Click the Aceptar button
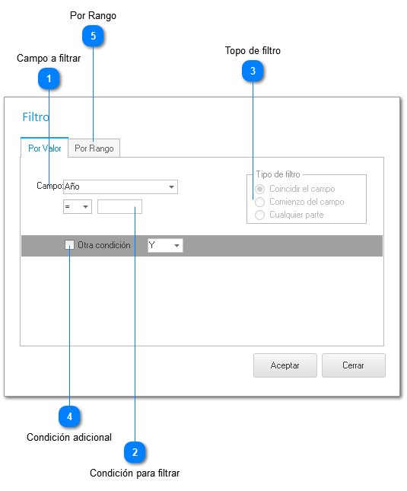click(x=285, y=365)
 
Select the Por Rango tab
click(x=94, y=148)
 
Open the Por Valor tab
click(x=44, y=148)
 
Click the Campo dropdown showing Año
click(x=120, y=187)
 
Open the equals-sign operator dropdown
click(x=78, y=206)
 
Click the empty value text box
click(x=119, y=206)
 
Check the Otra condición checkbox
click(x=69, y=245)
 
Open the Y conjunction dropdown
click(x=165, y=245)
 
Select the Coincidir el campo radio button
click(x=259, y=189)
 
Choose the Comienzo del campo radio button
click(x=259, y=202)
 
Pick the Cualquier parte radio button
click(x=259, y=215)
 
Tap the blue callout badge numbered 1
click(x=49, y=78)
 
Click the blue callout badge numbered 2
click(x=135, y=452)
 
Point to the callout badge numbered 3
click(x=253, y=71)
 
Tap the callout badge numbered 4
click(x=69, y=416)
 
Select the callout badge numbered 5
click(x=93, y=36)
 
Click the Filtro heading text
click(x=36, y=117)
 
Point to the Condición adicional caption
click(x=69, y=437)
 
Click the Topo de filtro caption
click(x=253, y=50)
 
